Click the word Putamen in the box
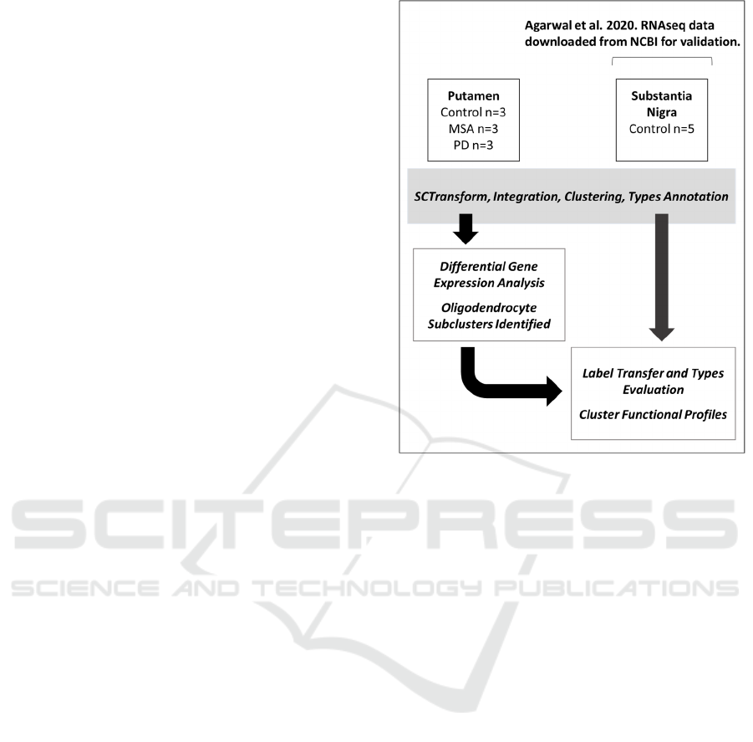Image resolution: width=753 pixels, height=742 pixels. [x=473, y=96]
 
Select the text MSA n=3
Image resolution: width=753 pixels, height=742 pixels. [x=473, y=129]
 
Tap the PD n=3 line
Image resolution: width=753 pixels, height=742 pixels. [x=473, y=145]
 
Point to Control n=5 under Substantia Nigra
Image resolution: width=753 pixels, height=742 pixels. [x=661, y=129]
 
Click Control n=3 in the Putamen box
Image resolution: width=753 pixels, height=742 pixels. [x=473, y=112]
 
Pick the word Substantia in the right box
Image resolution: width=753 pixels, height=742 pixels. [x=661, y=96]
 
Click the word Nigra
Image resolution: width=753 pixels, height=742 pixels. [x=661, y=112]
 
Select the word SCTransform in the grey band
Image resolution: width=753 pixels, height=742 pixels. [x=451, y=197]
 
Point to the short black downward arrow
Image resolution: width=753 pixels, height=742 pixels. [x=466, y=229]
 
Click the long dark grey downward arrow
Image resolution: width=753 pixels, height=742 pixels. [x=661, y=277]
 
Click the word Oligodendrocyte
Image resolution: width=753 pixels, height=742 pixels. [x=489, y=308]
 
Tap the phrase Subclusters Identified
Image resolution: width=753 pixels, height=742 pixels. [x=489, y=324]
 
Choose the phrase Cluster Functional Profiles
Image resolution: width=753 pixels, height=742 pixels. [x=653, y=414]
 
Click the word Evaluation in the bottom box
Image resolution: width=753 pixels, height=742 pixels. [x=653, y=389]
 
